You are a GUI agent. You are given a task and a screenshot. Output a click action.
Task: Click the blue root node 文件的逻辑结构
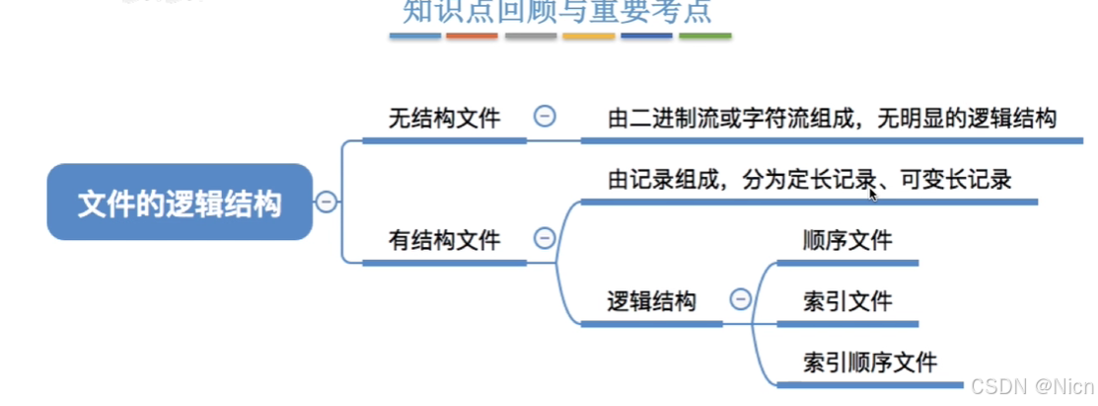[x=180, y=203]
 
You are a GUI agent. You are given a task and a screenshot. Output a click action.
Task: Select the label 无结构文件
[x=444, y=120]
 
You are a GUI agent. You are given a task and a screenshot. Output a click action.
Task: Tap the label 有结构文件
[x=444, y=239]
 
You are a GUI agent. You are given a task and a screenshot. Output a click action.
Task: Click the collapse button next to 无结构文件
[x=544, y=117]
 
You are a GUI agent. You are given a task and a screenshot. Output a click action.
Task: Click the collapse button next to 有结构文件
[x=544, y=238]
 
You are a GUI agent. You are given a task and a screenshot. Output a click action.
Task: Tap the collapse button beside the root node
[x=326, y=203]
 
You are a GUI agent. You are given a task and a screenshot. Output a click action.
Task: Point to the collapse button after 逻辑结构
[x=740, y=299]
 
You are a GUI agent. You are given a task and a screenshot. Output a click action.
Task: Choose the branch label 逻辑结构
[x=651, y=300]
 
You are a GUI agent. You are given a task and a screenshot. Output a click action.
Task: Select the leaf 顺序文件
[x=848, y=240]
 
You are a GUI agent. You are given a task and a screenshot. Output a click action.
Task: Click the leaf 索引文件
[x=848, y=300]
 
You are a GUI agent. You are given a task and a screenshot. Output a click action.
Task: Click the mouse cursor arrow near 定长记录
[x=873, y=195]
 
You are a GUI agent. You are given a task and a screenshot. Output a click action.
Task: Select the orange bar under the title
[x=472, y=37]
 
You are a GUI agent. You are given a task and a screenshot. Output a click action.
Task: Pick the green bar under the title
[x=705, y=37]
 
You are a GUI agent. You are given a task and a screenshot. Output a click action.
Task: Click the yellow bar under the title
[x=589, y=37]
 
